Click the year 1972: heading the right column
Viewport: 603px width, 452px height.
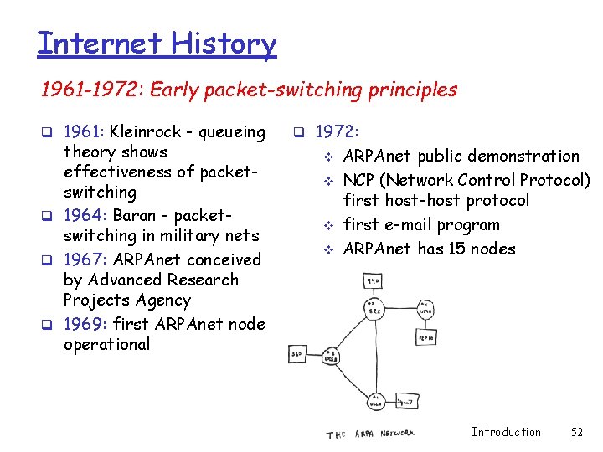[x=338, y=132]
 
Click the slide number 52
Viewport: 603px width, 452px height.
[x=576, y=432]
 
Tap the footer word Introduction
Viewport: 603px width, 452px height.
[x=506, y=432]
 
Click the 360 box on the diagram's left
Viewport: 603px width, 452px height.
[x=298, y=355]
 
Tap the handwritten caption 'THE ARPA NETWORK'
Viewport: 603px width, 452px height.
[x=369, y=433]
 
